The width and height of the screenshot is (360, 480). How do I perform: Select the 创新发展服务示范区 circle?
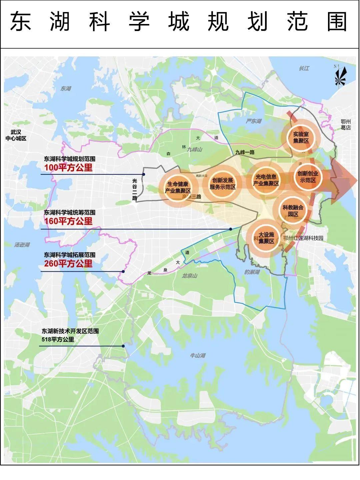coord(223,184)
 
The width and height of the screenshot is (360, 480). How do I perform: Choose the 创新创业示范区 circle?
coord(308,177)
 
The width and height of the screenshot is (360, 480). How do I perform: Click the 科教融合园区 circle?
coord(293,211)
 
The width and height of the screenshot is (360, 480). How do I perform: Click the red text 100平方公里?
coord(68,167)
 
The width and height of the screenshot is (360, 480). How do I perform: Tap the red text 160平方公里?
coord(68,221)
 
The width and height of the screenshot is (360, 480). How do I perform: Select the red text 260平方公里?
coord(68,264)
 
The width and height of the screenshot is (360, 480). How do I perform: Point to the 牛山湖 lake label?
coord(197,356)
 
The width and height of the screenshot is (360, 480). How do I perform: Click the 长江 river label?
coord(304,68)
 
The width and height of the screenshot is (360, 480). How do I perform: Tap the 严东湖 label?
coord(254,121)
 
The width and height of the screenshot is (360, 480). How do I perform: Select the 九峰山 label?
coord(195,150)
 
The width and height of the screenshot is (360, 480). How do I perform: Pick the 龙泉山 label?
coord(190,276)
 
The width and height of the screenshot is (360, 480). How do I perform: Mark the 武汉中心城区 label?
coord(16,135)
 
